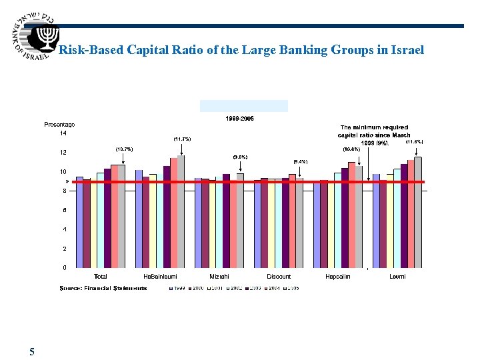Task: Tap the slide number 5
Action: pos(32,351)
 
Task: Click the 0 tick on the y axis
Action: pos(64,268)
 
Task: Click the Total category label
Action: pos(101,277)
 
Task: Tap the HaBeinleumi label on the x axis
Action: pos(160,277)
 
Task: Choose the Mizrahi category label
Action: pos(219,277)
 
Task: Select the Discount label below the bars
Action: pos(279,277)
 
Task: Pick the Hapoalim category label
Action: pos(338,277)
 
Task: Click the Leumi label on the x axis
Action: pos(397,277)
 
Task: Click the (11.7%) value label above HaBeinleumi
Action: pos(182,139)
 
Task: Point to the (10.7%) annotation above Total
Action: pos(124,149)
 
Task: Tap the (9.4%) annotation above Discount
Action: pos(300,161)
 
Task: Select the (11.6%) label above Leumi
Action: pos(414,141)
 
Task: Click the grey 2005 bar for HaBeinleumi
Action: pos(181,211)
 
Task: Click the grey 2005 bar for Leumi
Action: pos(418,212)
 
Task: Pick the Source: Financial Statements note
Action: pos(103,288)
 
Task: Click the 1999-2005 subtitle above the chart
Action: pos(240,119)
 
